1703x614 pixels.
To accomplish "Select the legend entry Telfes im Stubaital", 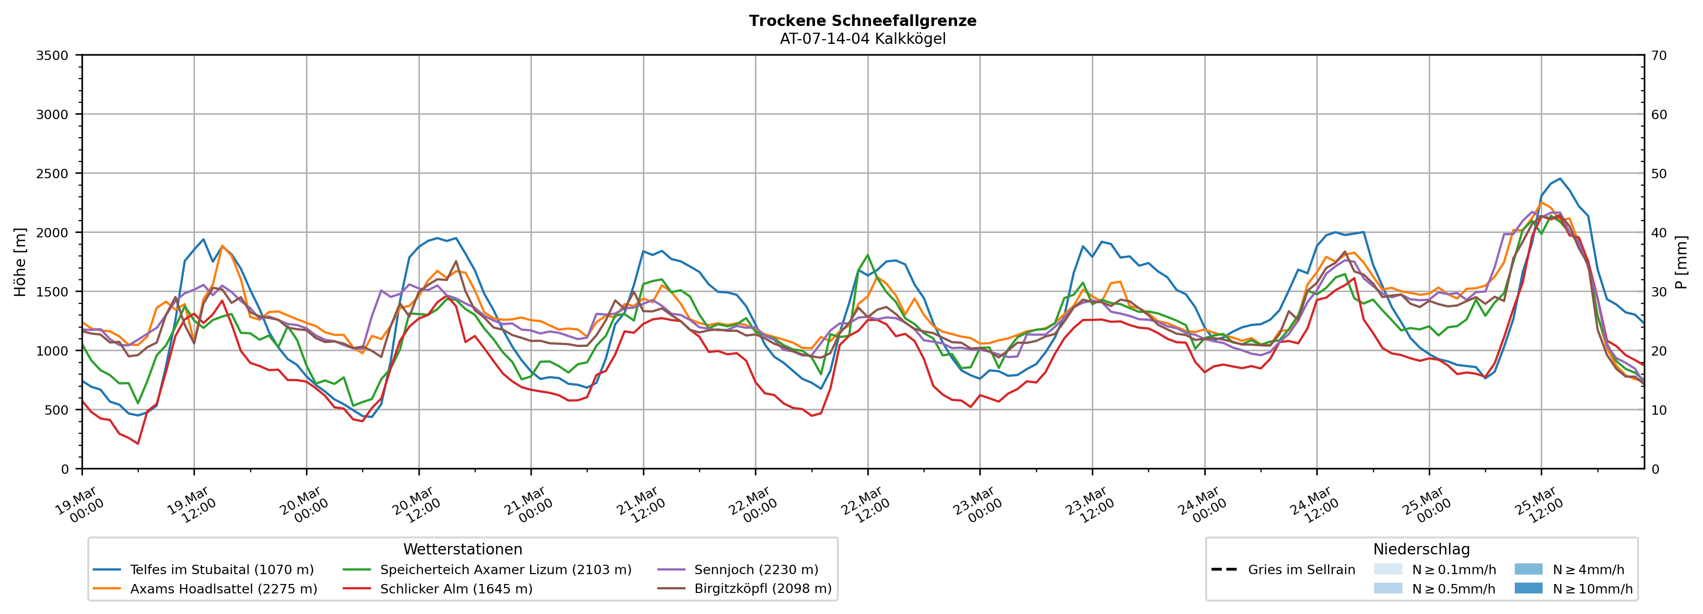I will pyautogui.click(x=221, y=570).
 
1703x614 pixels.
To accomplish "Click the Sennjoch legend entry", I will pyautogui.click(x=756, y=570).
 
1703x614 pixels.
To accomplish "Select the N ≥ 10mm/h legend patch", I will pyautogui.click(x=1528, y=588).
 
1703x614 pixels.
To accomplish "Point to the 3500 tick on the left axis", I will pyautogui.click(x=52, y=56).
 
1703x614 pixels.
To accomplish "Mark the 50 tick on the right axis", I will pyautogui.click(x=1659, y=174).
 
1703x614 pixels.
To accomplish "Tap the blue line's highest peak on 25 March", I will pyautogui.click(x=1560, y=178).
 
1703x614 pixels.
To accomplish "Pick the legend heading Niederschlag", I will pyautogui.click(x=1421, y=549).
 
